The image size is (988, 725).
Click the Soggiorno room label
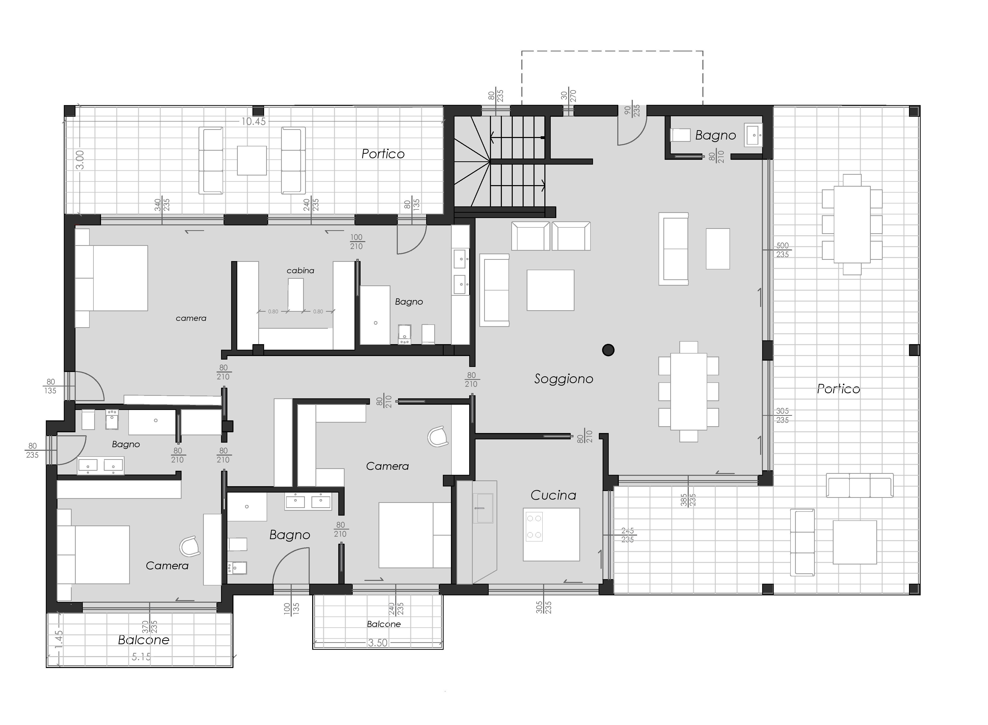pos(564,379)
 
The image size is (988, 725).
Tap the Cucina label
pos(553,495)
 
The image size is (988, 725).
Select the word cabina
pos(301,271)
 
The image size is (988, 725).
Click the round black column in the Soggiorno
pos(608,350)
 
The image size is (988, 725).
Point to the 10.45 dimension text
pos(253,122)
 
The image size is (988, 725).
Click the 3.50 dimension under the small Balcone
pos(378,643)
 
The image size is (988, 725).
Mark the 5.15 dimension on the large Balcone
pos(141,657)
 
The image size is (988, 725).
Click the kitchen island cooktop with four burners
pos(534,527)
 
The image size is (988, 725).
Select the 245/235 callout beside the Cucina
pos(627,535)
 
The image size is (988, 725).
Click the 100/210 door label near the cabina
pos(356,242)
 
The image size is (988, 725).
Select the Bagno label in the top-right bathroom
pos(716,136)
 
